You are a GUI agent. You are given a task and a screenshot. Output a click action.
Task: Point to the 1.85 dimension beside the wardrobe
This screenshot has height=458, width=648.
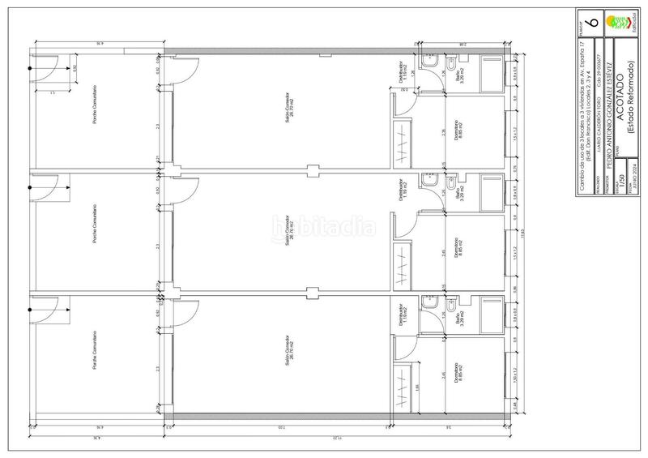(x=418, y=387)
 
